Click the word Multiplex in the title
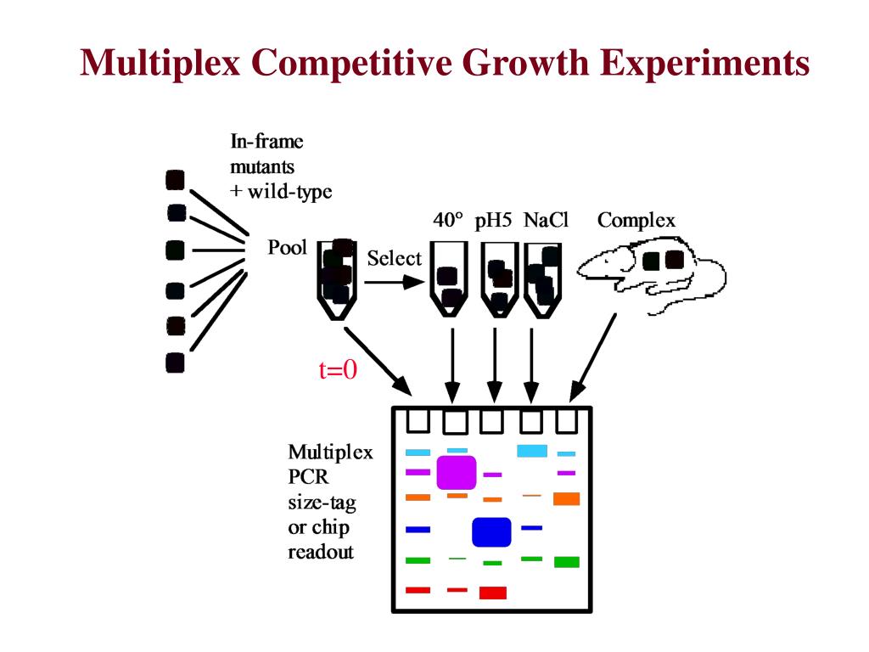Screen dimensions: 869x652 [x=160, y=62]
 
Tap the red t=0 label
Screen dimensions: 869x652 [x=338, y=370]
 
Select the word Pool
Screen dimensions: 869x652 [x=287, y=247]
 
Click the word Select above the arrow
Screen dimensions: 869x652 [x=394, y=258]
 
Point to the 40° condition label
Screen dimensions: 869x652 [x=448, y=220]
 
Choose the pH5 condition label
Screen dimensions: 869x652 [x=493, y=221]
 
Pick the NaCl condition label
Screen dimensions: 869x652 [x=546, y=220]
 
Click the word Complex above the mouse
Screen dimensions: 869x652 [x=636, y=221]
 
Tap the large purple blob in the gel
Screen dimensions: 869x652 [x=457, y=473]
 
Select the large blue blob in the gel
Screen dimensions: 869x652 [x=491, y=532]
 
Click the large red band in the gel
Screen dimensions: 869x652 [x=493, y=593]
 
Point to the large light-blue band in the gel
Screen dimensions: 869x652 [x=532, y=451]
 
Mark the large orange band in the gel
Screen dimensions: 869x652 [x=566, y=498]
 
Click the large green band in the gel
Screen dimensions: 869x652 [x=567, y=562]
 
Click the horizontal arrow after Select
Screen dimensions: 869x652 [x=395, y=282]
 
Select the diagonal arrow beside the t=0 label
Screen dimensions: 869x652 [x=378, y=361]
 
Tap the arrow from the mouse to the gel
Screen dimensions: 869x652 [x=592, y=358]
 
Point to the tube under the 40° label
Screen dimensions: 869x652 [x=449, y=279]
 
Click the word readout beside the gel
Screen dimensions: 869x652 [x=321, y=552]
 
